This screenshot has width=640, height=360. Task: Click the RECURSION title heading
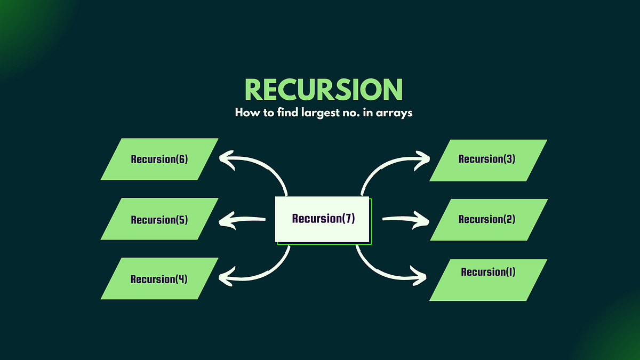coord(323,90)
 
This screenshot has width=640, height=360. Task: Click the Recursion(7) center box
coord(323,219)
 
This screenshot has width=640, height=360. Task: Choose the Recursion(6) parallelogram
coord(159,159)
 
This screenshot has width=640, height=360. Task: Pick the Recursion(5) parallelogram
coord(159,219)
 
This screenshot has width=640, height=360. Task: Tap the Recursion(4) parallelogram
coord(159,279)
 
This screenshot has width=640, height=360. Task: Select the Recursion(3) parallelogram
coord(487,159)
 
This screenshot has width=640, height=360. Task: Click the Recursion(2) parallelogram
coord(487,219)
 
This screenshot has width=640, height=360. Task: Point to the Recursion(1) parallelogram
coord(487,273)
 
